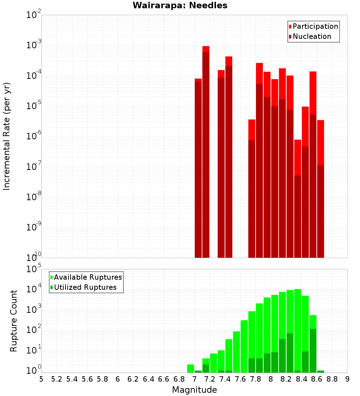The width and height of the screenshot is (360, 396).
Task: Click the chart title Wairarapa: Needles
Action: (180, 6)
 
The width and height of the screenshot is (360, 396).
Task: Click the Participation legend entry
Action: (315, 26)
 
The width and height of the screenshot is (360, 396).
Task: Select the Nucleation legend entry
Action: (312, 36)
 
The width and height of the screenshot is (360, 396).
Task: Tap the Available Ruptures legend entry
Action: (88, 277)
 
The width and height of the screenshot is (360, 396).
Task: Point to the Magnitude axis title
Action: (194, 390)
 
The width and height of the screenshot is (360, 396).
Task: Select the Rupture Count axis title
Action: (14, 320)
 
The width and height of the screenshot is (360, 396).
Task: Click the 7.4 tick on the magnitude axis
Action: (225, 379)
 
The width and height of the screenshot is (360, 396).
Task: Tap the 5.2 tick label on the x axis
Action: (57, 379)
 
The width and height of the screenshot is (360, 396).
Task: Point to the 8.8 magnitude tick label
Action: (332, 379)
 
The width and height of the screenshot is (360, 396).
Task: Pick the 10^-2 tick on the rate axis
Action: (33, 15)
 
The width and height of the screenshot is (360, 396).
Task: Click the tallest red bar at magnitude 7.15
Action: (206, 151)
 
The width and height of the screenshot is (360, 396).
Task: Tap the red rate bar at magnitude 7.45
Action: (229, 157)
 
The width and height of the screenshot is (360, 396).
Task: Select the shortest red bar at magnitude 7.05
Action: (198, 168)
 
